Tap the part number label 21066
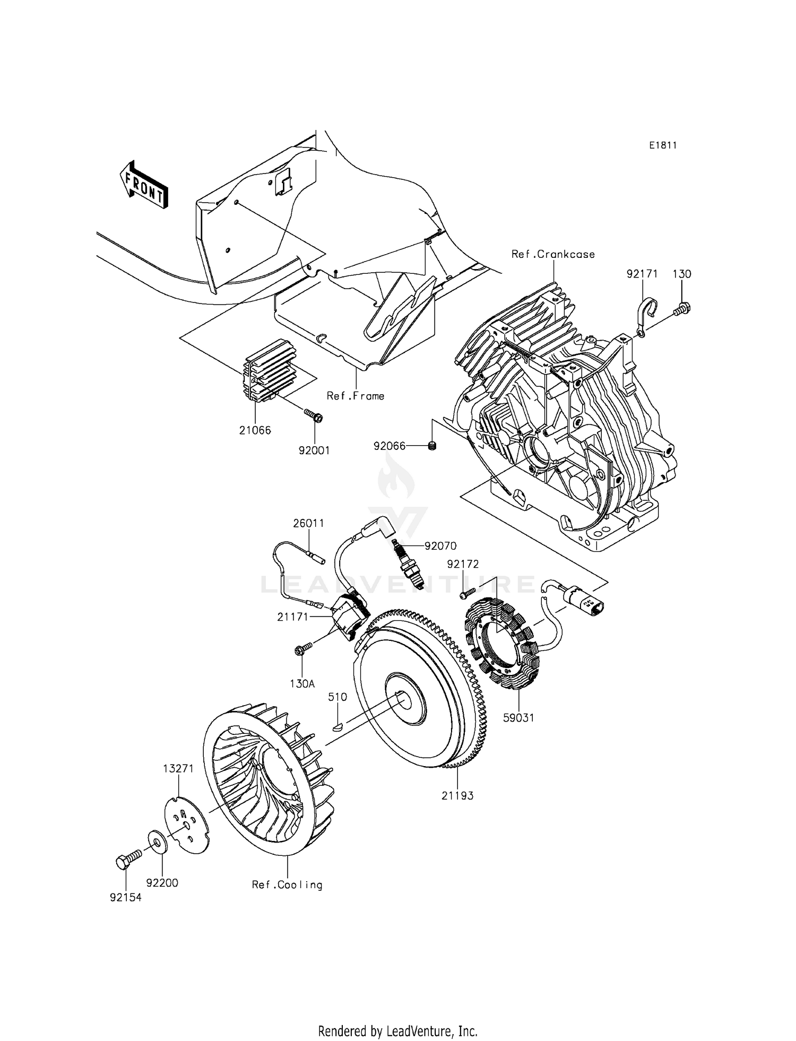(255, 430)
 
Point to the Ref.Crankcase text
(552, 254)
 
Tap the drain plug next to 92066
(432, 446)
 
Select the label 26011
(308, 523)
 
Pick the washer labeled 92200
(158, 842)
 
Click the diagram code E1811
(663, 145)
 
